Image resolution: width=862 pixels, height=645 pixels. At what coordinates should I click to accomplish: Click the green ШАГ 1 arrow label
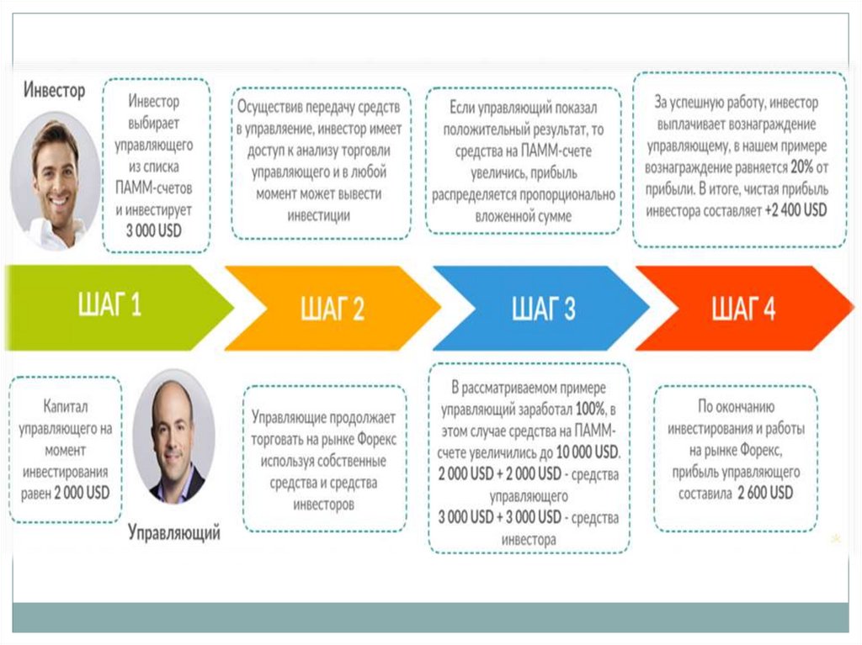pyautogui.click(x=109, y=306)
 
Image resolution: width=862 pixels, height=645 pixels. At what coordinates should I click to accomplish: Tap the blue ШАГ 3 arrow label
pyautogui.click(x=544, y=309)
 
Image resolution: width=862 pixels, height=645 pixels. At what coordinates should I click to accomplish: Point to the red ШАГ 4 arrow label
pyautogui.click(x=743, y=309)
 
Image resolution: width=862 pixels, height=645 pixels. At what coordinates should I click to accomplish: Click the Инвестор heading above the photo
pyautogui.click(x=55, y=89)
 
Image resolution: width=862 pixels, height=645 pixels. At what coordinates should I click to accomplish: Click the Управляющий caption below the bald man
pyautogui.click(x=174, y=532)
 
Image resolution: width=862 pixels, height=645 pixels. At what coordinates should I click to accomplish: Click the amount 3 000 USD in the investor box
pyautogui.click(x=154, y=230)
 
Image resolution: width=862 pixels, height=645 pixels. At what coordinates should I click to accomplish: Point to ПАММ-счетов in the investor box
pyautogui.click(x=154, y=186)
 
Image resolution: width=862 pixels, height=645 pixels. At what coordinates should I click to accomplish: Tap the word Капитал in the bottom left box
pyautogui.click(x=65, y=408)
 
